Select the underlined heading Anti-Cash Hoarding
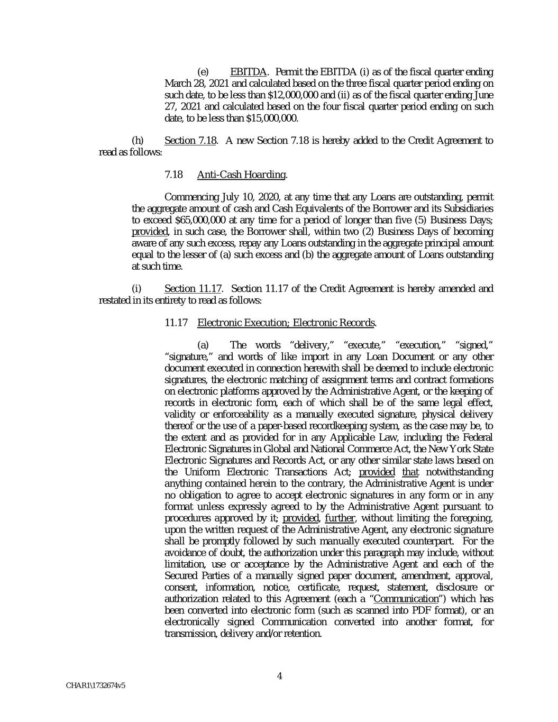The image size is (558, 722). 242,175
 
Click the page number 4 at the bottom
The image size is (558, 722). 279,675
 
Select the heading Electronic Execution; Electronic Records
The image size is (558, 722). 286,323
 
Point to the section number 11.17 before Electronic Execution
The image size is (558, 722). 176,323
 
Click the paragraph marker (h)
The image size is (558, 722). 137,141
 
